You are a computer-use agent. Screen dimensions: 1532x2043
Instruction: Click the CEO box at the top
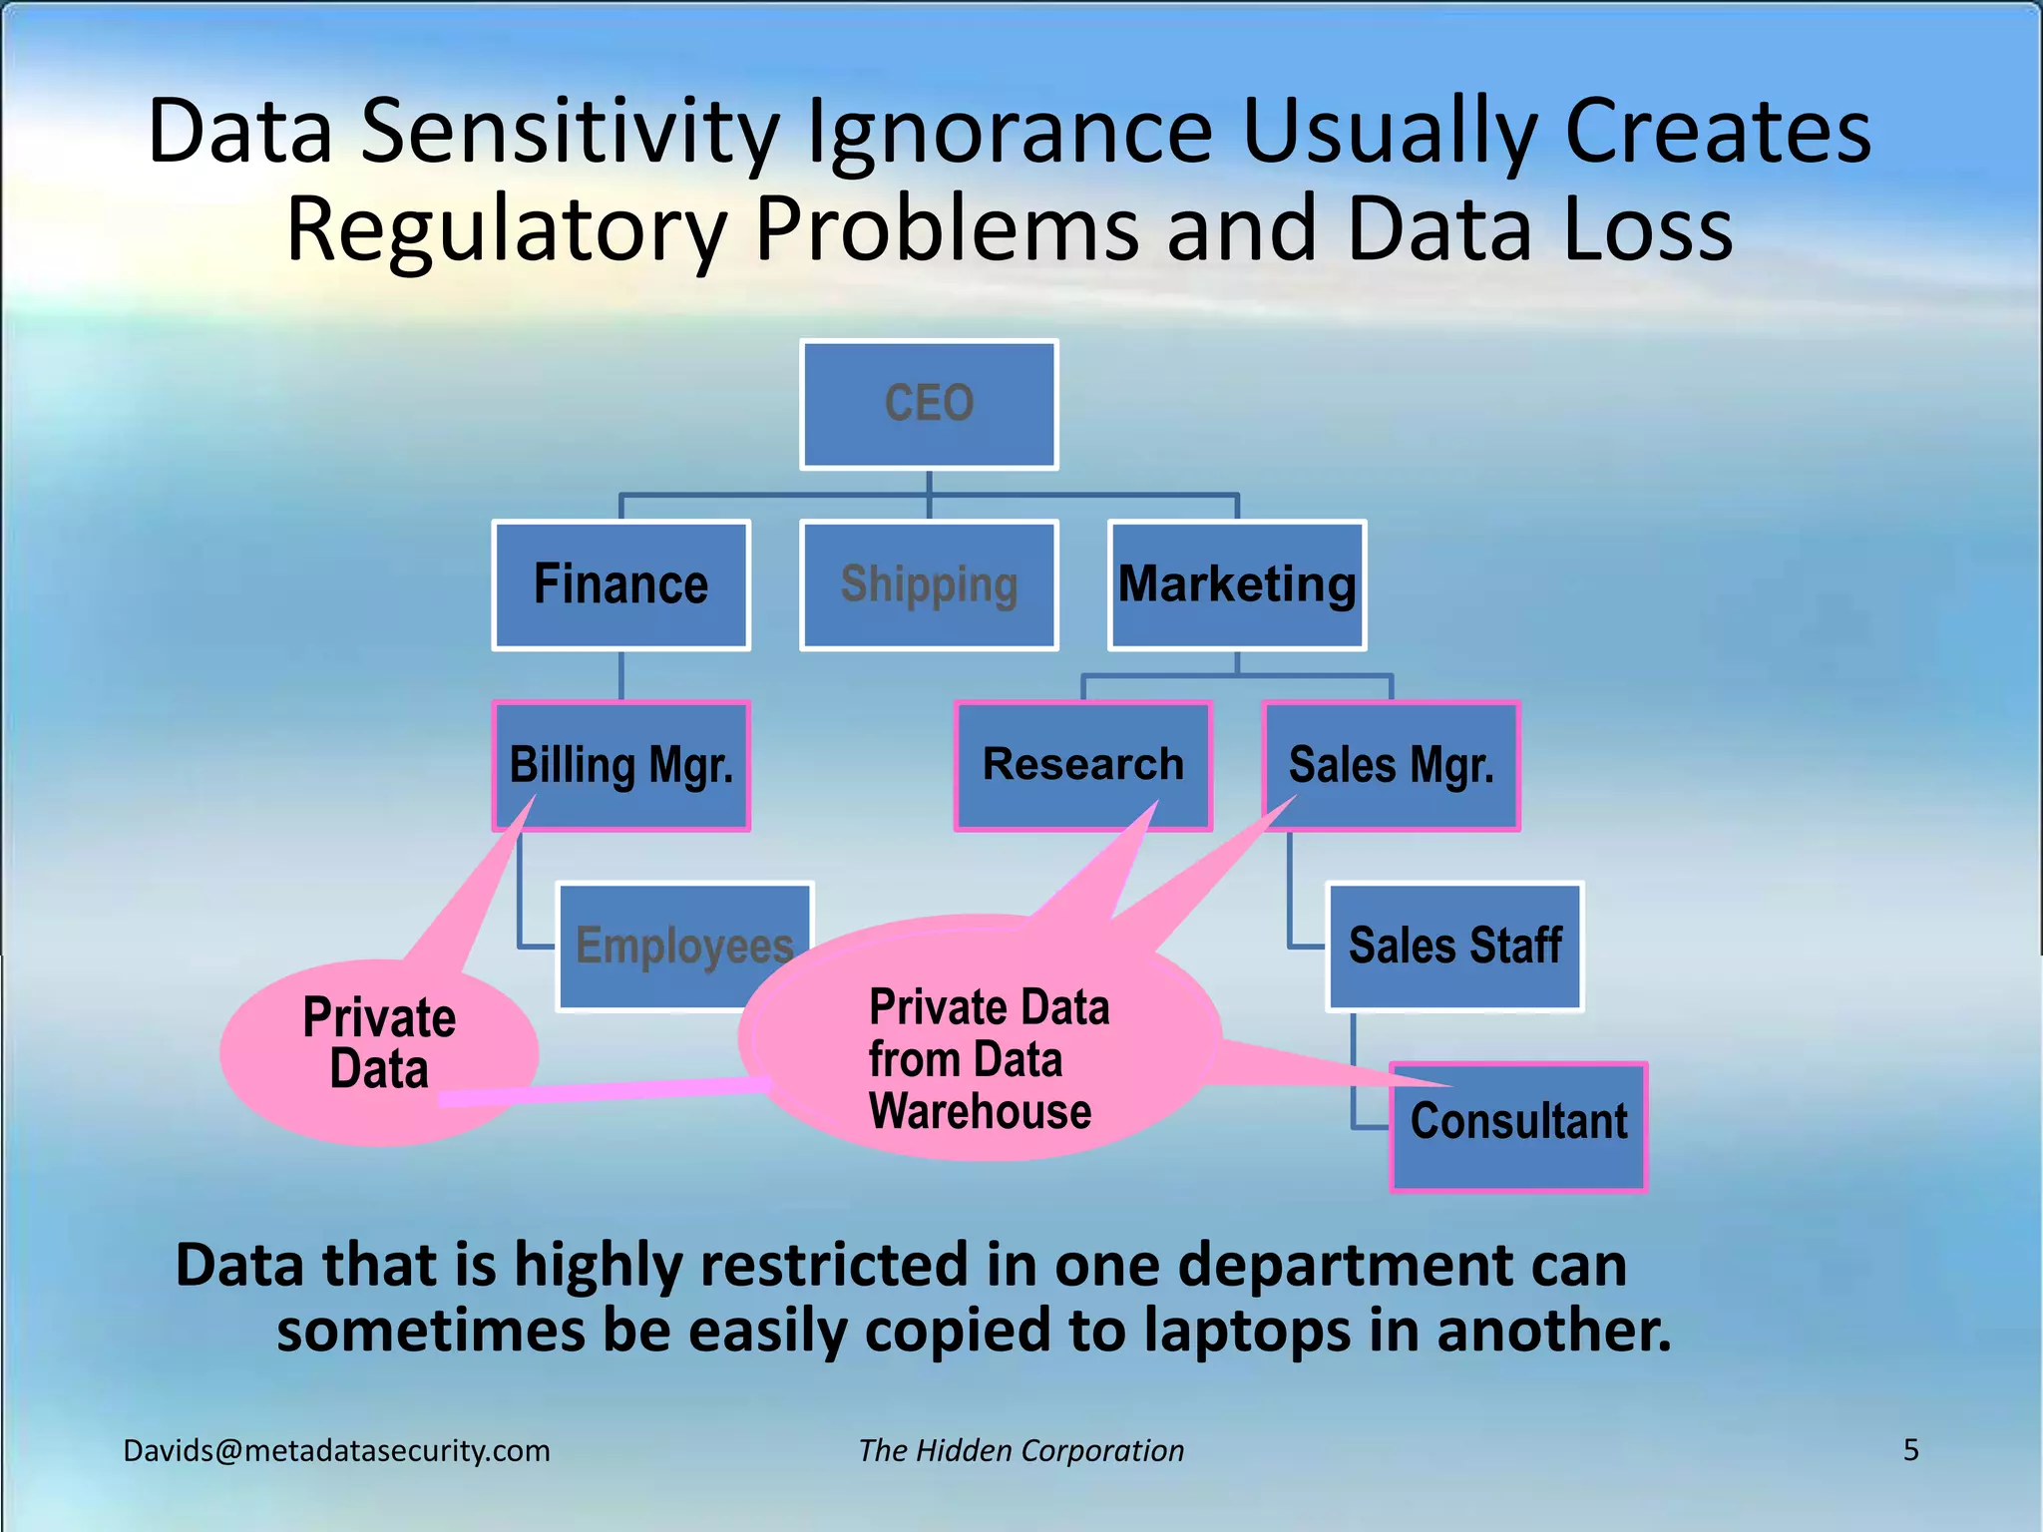click(929, 404)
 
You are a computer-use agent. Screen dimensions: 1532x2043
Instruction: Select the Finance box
click(620, 584)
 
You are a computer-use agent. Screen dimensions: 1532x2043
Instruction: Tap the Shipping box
click(929, 584)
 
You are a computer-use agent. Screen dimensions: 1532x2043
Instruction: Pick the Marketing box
click(1237, 584)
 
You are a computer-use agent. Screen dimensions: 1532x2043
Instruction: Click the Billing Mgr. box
click(620, 765)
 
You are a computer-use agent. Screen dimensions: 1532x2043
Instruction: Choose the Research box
click(1083, 765)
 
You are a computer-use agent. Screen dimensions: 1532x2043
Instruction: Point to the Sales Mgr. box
click(1392, 765)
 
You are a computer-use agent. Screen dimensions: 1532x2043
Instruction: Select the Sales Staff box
click(1454, 946)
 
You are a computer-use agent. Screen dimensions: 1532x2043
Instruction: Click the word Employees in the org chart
click(684, 946)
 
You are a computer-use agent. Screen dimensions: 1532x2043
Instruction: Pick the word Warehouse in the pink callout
click(980, 1111)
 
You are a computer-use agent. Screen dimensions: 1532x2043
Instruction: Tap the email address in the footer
click(336, 1450)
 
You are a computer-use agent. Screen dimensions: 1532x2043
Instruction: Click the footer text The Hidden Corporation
click(1021, 1450)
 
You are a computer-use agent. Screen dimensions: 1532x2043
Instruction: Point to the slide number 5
click(1910, 1449)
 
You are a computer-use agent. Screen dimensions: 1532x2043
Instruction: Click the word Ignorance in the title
click(1009, 132)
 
